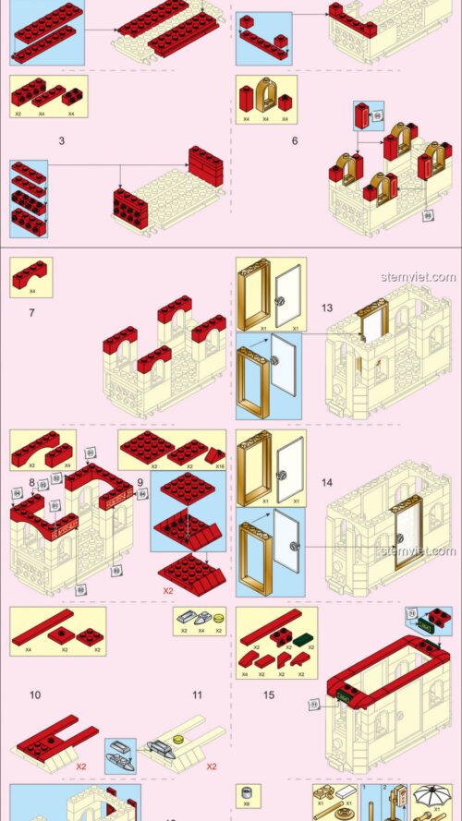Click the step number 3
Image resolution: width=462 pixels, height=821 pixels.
61,141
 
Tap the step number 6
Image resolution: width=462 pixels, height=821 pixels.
294,141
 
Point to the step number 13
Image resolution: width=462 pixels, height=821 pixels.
327,308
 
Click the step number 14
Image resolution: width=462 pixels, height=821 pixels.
327,481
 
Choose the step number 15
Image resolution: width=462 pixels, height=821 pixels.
268,695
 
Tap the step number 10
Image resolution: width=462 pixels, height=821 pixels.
34,695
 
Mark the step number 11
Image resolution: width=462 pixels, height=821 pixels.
196,695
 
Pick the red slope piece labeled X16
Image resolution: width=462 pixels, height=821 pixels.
213,454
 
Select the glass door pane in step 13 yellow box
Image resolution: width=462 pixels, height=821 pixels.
289,294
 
